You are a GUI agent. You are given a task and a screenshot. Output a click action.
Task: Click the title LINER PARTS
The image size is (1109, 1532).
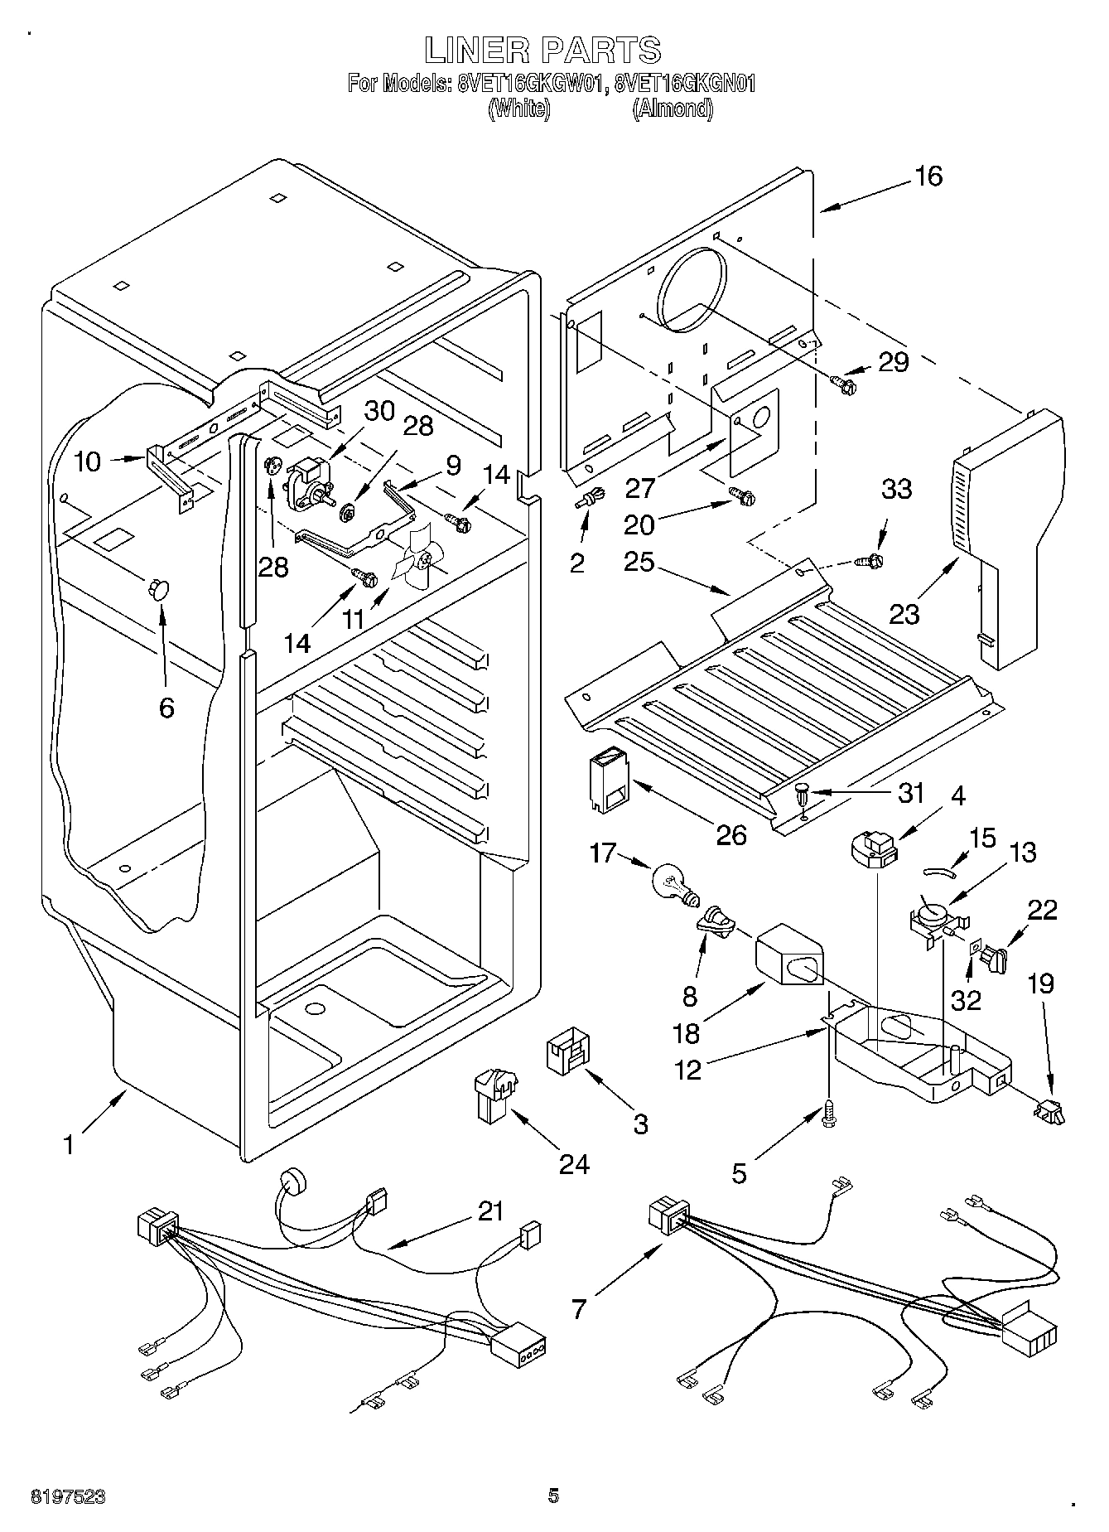tap(543, 50)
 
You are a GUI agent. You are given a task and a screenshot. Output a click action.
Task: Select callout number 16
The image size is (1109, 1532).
tap(928, 176)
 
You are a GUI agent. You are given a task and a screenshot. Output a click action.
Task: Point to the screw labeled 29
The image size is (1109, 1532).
tap(844, 382)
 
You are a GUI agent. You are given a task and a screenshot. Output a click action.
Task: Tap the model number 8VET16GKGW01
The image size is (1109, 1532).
tap(530, 83)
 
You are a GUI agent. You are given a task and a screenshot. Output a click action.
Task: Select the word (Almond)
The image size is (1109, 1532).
tap(673, 108)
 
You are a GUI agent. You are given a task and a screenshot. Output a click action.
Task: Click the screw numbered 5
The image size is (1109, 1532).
tap(828, 1114)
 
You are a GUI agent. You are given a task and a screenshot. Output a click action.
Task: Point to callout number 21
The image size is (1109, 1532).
tap(490, 1211)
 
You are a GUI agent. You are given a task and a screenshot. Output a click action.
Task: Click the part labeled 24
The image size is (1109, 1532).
tap(494, 1096)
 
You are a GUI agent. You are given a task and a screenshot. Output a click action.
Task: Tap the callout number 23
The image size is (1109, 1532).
tap(904, 613)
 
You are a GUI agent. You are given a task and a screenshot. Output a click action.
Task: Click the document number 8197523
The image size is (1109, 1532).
tap(68, 1496)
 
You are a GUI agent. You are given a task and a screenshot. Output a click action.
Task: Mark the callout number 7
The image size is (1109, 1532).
tap(578, 1309)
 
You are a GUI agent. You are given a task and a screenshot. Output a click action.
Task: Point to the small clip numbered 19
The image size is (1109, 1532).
tap(1048, 1109)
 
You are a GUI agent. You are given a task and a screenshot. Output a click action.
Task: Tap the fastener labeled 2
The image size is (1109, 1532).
tap(588, 500)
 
